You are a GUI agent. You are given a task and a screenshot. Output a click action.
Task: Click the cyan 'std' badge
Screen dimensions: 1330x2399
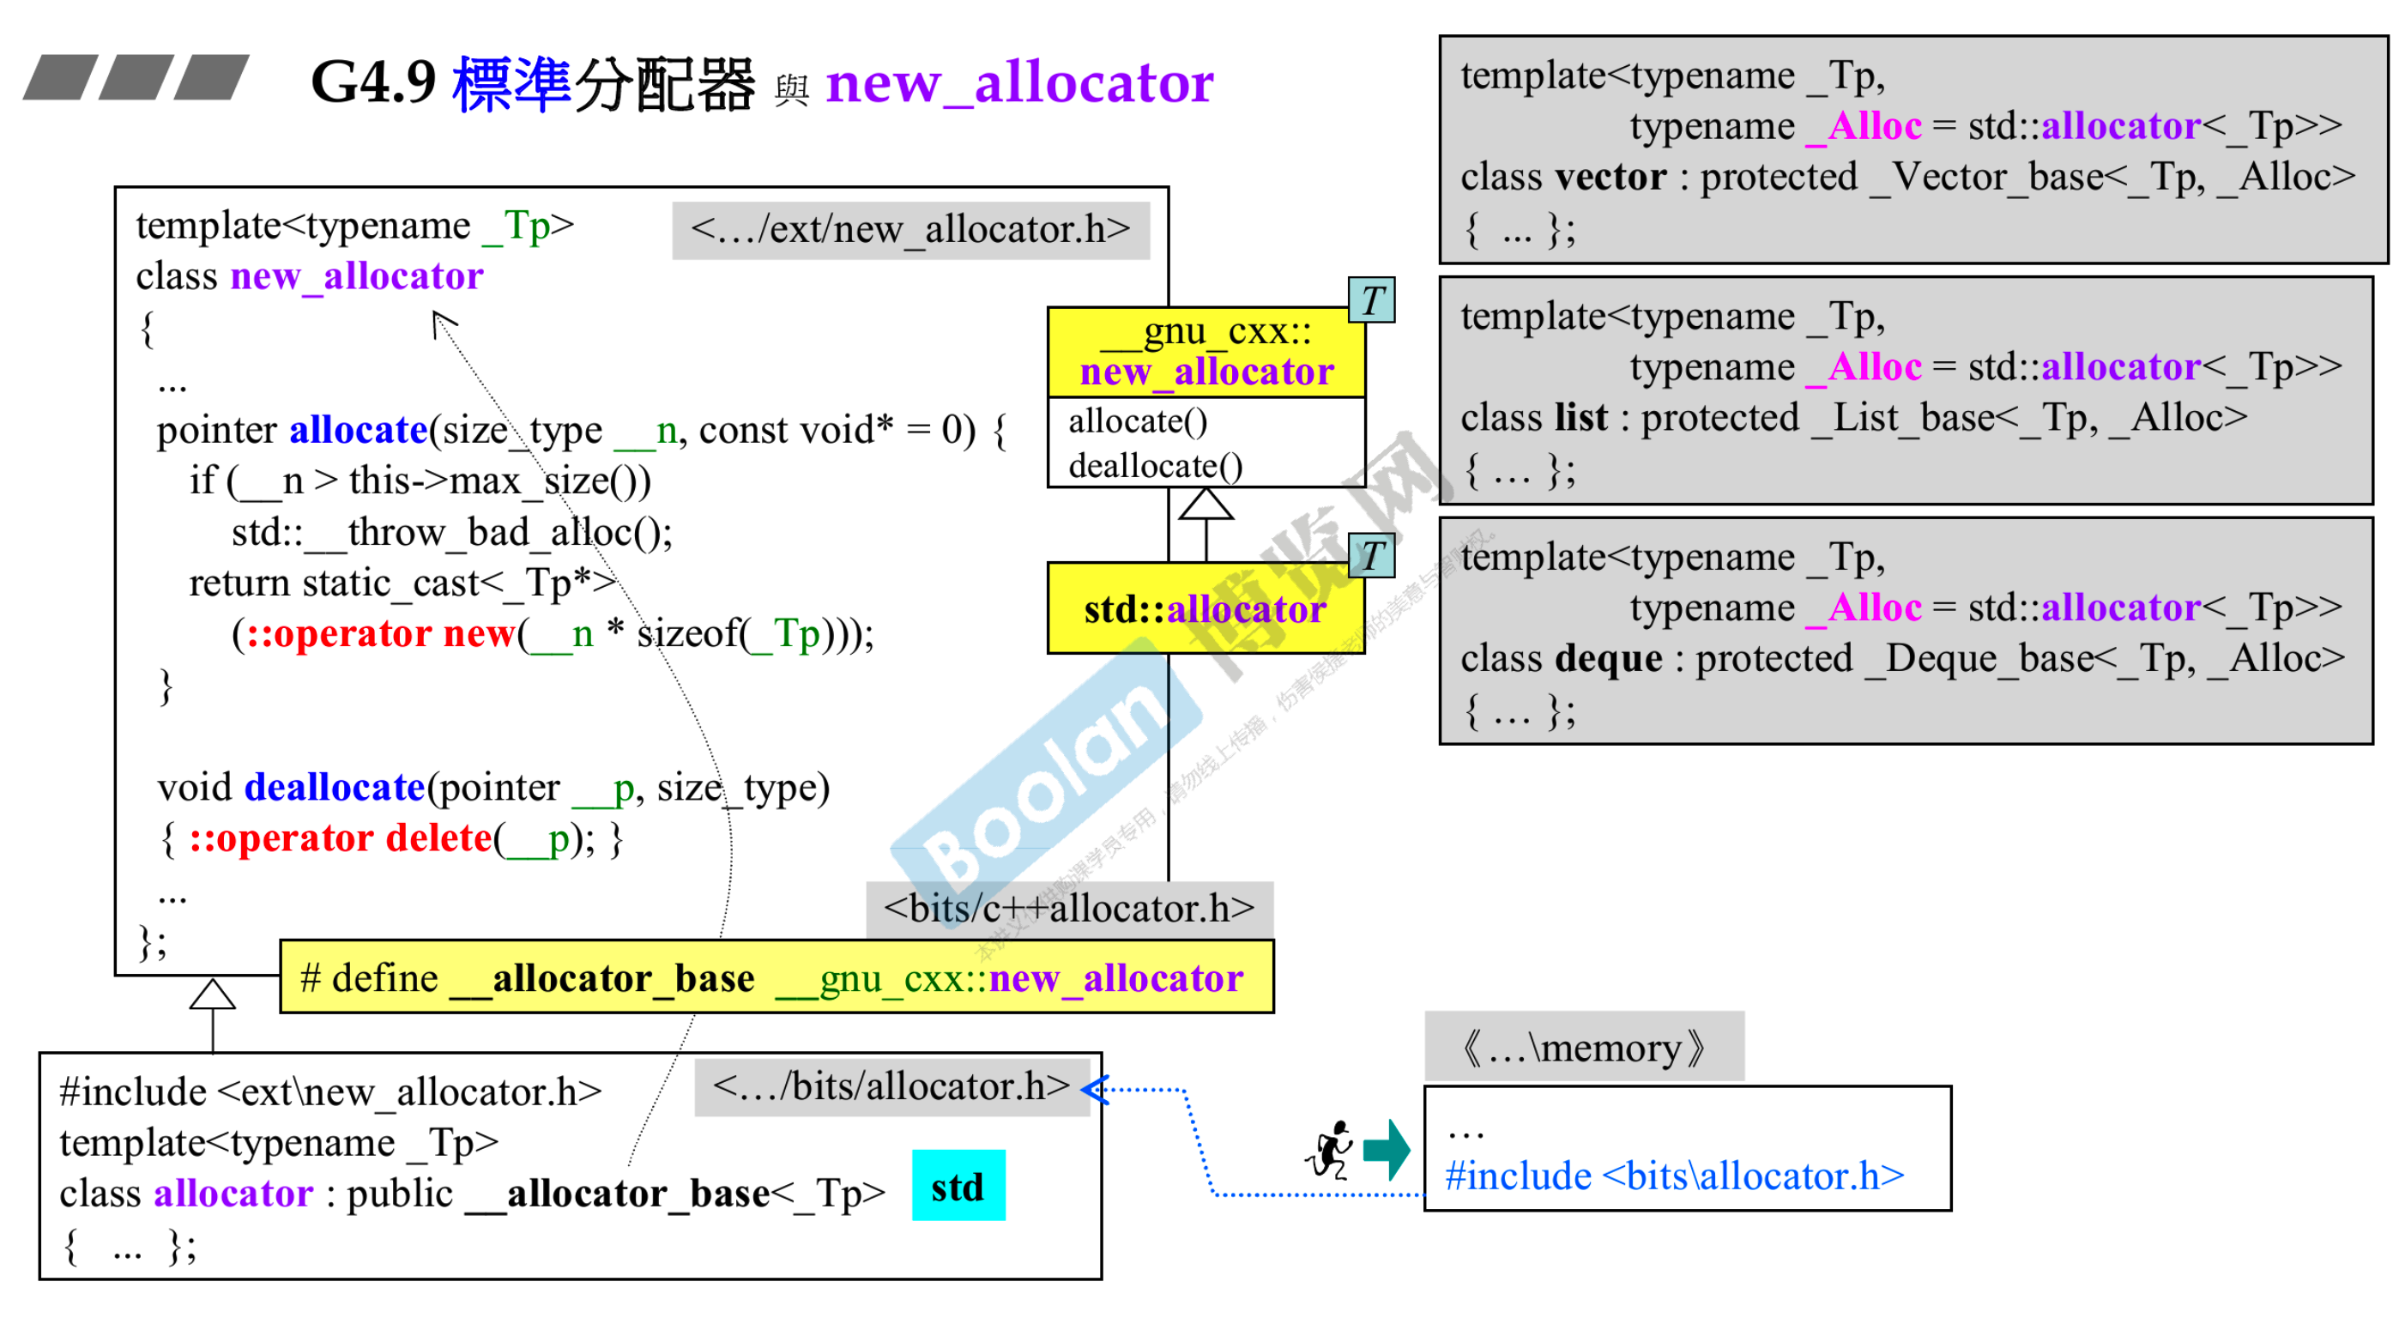(x=958, y=1186)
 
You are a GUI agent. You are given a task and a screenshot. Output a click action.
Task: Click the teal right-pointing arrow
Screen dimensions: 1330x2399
(x=1387, y=1149)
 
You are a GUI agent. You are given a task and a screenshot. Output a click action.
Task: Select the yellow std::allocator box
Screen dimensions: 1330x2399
(x=1206, y=609)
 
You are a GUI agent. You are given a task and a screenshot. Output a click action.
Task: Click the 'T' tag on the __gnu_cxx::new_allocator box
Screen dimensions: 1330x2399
(x=1372, y=300)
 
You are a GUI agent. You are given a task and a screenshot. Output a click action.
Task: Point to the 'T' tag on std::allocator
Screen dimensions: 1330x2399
(x=1372, y=555)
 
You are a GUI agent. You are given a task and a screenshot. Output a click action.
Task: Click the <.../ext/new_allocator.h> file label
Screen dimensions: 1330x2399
(x=909, y=229)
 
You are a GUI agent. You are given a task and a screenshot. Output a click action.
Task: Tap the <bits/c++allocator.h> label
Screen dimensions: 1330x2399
(x=1068, y=908)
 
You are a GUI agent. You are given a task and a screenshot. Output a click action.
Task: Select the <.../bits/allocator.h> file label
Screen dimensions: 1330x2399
(x=891, y=1086)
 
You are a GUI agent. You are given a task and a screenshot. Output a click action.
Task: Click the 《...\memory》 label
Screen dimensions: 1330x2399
(x=1583, y=1047)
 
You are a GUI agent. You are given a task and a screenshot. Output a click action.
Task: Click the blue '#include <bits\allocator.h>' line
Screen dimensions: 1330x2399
(x=1673, y=1176)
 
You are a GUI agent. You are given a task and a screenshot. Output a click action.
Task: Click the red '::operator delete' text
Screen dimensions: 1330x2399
(x=340, y=838)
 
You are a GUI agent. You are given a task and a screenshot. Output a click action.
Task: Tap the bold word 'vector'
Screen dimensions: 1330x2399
(x=1610, y=177)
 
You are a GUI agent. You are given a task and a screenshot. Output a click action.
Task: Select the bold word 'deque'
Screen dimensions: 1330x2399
(x=1608, y=658)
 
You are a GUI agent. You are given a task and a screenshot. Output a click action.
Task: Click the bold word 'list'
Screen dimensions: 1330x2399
(x=1580, y=417)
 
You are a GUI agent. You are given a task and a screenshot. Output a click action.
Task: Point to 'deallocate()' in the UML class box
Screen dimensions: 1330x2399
(x=1155, y=466)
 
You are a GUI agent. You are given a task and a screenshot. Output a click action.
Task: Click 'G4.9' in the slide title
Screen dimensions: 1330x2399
(x=373, y=82)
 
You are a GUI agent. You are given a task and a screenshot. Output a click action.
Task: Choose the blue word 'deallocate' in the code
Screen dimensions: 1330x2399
(x=335, y=787)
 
